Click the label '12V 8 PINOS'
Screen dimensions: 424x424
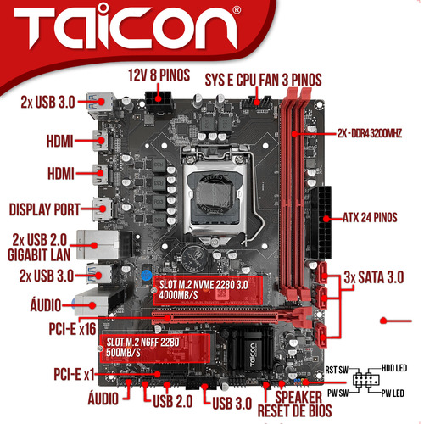[159, 75]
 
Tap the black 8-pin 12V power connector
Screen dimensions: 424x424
[159, 102]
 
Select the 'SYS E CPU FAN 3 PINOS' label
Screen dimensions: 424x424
[263, 80]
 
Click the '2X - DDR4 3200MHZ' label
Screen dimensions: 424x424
[370, 133]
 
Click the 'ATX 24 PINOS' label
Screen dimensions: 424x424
[370, 217]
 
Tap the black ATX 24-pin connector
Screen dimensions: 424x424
[321, 222]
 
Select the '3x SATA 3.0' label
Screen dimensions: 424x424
[374, 277]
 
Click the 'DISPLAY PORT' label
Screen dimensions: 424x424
[45, 209]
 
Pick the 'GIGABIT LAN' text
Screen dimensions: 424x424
[39, 255]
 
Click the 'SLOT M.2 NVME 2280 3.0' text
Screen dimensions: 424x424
[204, 285]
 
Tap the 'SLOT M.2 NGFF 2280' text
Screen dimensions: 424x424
[142, 342]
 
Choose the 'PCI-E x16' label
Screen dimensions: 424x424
[72, 329]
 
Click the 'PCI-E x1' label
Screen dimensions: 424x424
[74, 374]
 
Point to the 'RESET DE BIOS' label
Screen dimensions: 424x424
[294, 410]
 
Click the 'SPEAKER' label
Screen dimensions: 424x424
[298, 397]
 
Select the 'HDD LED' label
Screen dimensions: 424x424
[394, 368]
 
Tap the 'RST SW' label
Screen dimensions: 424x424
[337, 370]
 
